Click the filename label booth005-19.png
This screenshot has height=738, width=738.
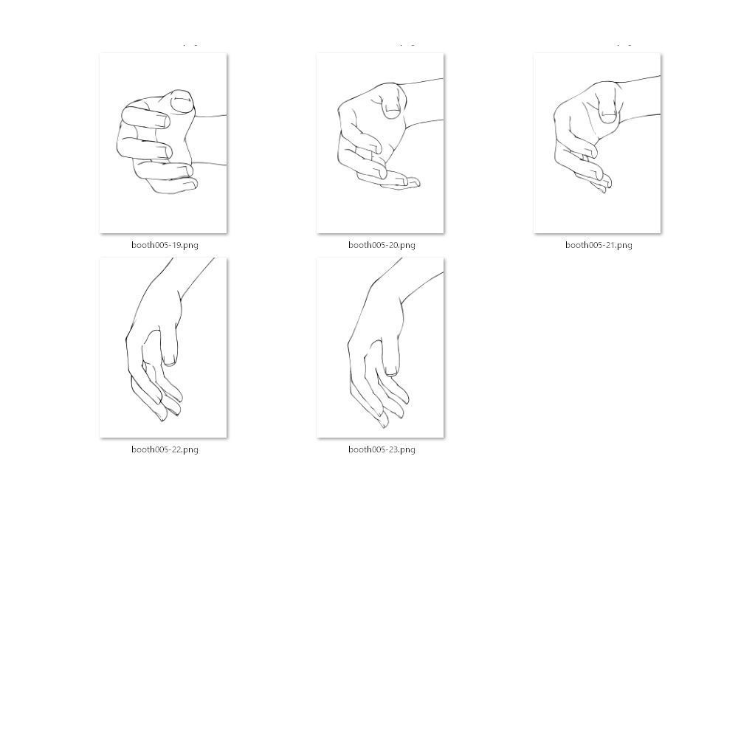coord(165,245)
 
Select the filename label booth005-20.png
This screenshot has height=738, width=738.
coord(382,245)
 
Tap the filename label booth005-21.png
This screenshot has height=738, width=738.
coord(599,245)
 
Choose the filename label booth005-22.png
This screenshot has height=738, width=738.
coord(165,449)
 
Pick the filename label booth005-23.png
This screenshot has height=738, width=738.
coord(382,449)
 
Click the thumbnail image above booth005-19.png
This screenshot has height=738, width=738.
coord(163,143)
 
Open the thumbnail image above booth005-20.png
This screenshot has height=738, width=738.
coord(380,143)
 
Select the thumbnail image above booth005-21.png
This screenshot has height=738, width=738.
coord(597,143)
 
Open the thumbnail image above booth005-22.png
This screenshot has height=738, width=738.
coord(163,348)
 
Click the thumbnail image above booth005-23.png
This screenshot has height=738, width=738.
coord(380,348)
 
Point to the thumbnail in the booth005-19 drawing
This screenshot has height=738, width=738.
coord(182,102)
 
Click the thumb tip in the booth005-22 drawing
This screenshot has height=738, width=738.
coord(170,362)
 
